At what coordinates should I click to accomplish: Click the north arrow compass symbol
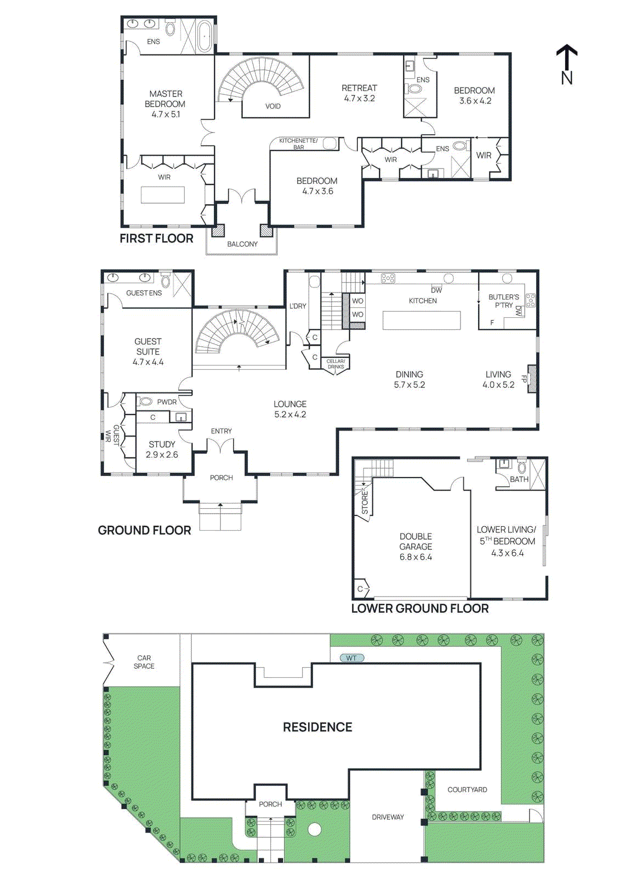click(x=567, y=63)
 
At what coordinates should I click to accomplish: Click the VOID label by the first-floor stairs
click(x=272, y=106)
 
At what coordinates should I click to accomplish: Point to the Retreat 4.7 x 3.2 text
click(x=359, y=93)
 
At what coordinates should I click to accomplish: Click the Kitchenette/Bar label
click(x=298, y=144)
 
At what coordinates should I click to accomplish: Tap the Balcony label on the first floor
click(x=242, y=244)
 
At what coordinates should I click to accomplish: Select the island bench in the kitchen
click(x=422, y=320)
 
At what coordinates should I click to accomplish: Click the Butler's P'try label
click(x=503, y=301)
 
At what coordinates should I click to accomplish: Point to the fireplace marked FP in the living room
click(x=531, y=379)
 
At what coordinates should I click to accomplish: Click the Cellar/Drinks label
click(x=335, y=364)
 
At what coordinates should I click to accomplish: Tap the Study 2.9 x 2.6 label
click(x=162, y=449)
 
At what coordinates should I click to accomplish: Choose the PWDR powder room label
click(x=167, y=402)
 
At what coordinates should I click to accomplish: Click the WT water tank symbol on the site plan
click(x=351, y=658)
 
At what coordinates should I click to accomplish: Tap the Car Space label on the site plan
click(x=144, y=662)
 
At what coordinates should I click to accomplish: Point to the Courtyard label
click(x=467, y=790)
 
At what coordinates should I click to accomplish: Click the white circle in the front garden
click(x=314, y=829)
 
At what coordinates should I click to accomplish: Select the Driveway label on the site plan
click(x=388, y=817)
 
